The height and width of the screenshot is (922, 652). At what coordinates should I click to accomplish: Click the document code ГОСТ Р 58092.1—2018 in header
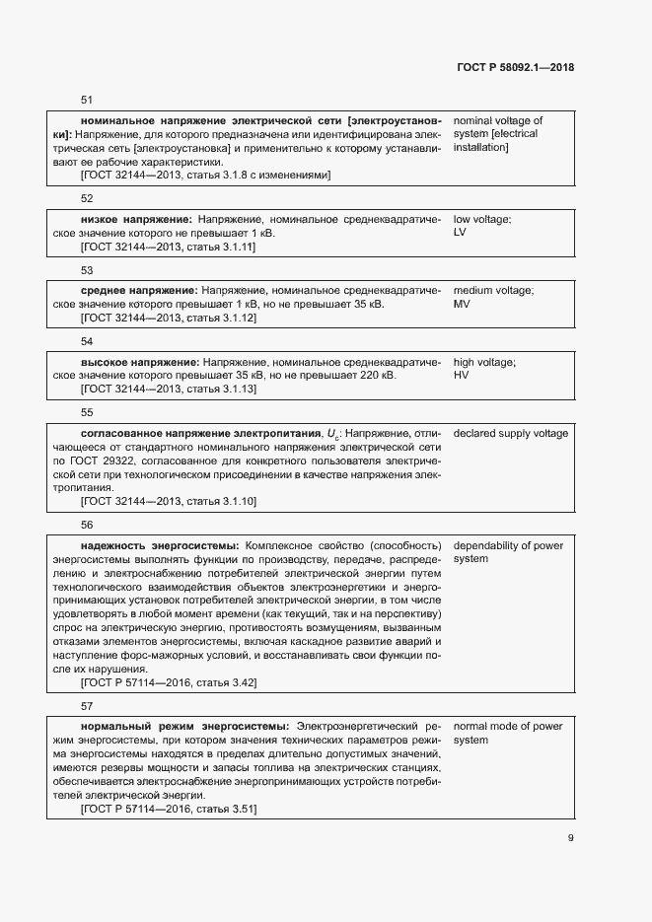pos(516,68)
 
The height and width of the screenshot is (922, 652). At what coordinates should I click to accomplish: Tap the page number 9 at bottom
pos(571,839)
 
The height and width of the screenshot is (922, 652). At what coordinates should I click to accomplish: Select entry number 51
pos(86,101)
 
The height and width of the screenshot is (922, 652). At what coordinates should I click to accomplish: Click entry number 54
pos(86,341)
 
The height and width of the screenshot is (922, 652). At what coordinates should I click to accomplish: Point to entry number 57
pos(86,706)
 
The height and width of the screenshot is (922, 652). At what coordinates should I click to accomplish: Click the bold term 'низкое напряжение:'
pos(136,219)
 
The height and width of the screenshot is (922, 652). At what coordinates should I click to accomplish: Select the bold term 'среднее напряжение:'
pos(140,291)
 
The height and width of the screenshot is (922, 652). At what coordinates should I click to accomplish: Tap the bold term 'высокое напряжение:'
pos(140,363)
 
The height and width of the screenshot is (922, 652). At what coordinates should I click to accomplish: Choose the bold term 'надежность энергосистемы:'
pos(159,545)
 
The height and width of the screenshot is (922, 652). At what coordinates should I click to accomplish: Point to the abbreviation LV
pos(460,233)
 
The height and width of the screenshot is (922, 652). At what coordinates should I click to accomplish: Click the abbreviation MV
pos(461,305)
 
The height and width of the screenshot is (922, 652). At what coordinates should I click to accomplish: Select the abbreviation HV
pos(461,377)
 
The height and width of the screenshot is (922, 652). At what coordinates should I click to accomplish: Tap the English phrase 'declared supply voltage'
pos(510,434)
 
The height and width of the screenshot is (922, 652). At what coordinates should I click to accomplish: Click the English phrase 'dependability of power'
pos(507,545)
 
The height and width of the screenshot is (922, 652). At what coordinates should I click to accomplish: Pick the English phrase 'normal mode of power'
pos(507,727)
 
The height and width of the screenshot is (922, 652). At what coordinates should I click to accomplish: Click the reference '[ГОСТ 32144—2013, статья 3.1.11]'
pos(168,248)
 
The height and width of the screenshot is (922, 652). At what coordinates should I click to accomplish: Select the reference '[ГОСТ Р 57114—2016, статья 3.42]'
pos(169,683)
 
